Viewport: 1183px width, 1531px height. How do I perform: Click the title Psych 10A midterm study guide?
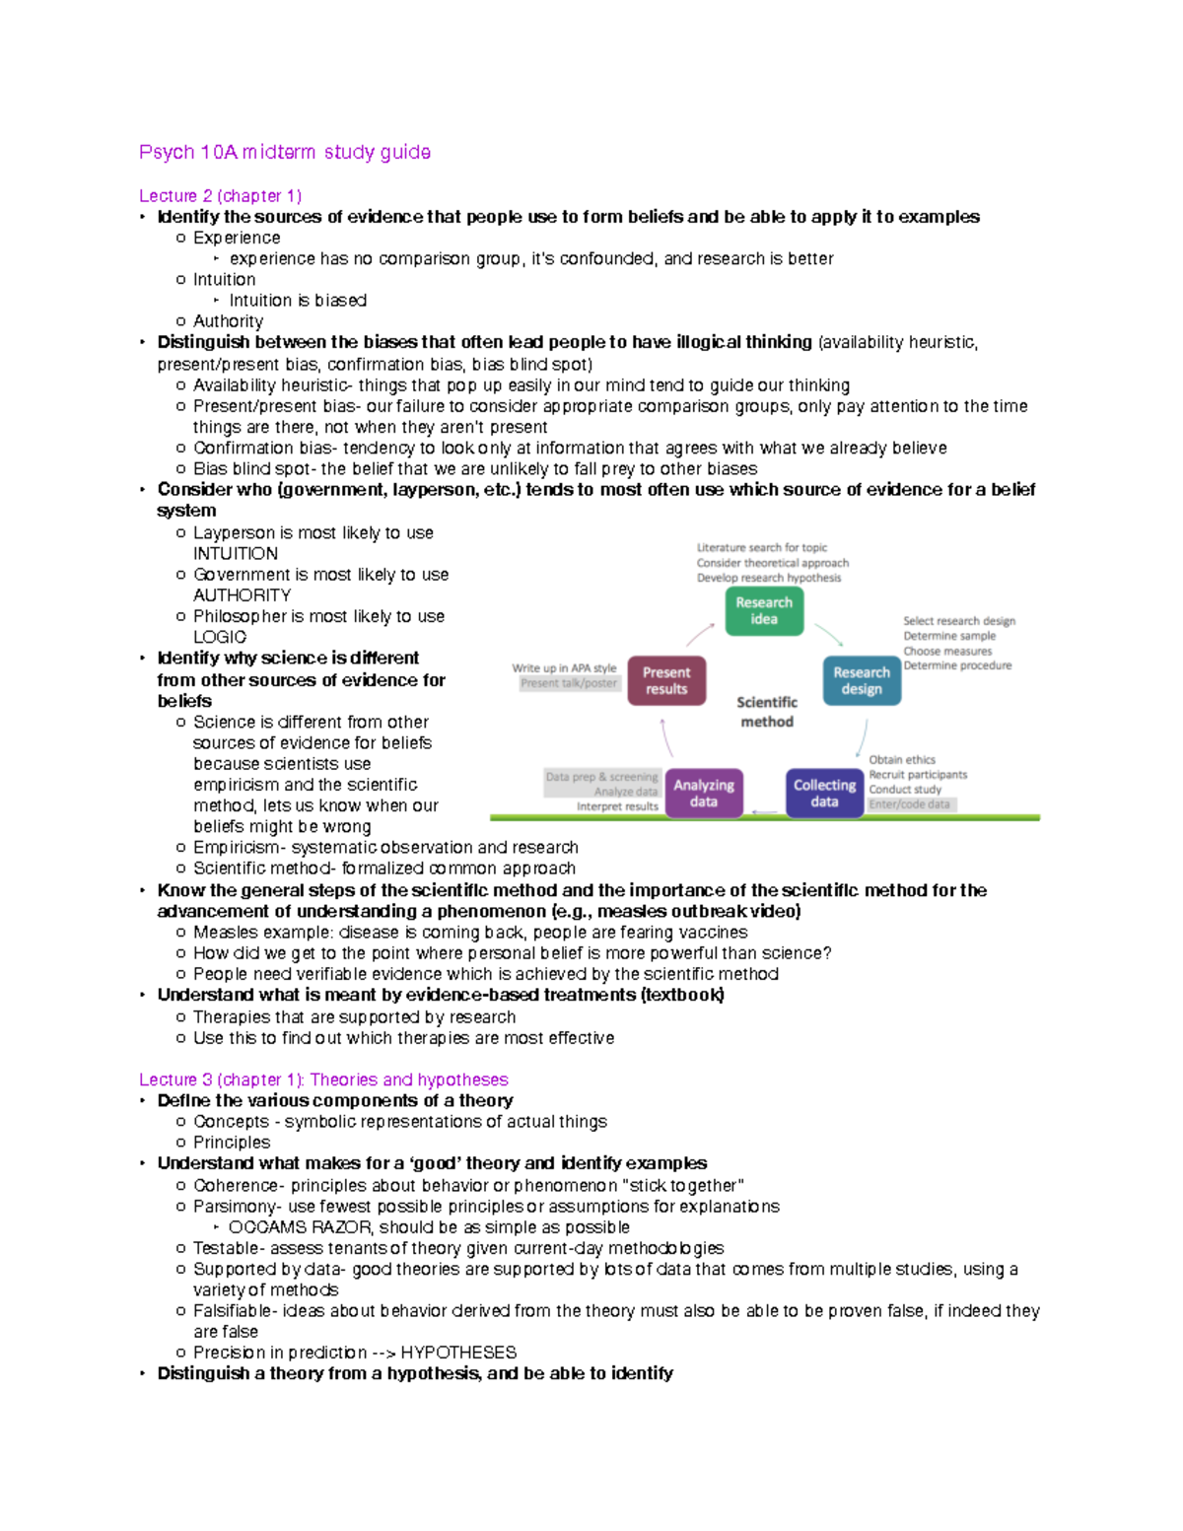point(284,152)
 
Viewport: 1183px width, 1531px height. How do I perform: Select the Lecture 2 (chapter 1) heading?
point(220,195)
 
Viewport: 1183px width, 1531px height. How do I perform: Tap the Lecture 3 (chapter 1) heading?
point(323,1079)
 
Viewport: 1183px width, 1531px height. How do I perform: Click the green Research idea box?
point(764,611)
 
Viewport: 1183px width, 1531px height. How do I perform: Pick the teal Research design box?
point(862,681)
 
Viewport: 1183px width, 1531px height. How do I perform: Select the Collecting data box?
point(824,794)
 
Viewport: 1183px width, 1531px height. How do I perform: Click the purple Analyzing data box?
point(704,794)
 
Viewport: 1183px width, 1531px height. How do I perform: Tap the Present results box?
point(666,681)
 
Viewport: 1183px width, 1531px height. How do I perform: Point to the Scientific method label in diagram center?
point(767,712)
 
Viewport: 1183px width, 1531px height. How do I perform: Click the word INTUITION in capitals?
point(236,554)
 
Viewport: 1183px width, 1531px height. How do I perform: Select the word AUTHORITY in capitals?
point(242,595)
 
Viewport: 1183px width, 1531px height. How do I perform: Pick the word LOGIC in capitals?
point(220,638)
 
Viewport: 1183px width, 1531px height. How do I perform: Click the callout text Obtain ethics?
point(902,760)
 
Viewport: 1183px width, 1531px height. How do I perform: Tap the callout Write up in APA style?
point(564,668)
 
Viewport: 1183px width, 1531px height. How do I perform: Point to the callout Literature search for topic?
point(762,548)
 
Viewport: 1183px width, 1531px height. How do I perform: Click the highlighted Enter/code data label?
point(910,804)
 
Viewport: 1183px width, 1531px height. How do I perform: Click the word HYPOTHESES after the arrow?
point(458,1353)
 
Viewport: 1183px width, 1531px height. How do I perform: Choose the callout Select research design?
point(958,621)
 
